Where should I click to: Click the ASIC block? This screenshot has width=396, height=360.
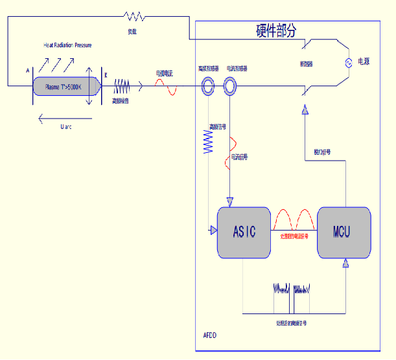tap(244, 231)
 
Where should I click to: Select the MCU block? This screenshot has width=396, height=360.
tap(344, 231)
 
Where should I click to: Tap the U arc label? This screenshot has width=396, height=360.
tap(65, 127)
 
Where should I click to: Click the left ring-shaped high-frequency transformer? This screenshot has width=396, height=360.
tap(209, 85)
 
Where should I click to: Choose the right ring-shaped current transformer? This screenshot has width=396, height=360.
tap(230, 85)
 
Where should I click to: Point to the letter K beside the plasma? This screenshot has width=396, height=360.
tap(106, 75)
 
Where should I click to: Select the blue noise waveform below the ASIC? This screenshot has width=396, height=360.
tap(293, 289)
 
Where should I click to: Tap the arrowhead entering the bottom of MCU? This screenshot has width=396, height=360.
tap(347, 262)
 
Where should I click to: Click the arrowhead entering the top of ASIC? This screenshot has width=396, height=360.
tap(230, 201)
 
